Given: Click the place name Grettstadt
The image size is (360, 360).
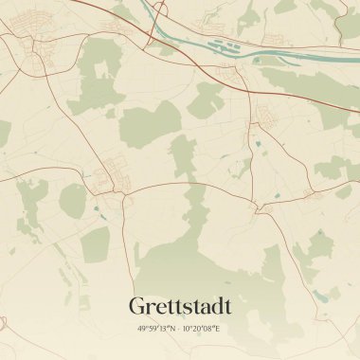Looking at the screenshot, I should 179,307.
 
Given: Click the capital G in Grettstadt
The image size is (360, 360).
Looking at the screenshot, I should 137,307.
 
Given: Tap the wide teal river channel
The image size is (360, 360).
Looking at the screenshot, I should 208,49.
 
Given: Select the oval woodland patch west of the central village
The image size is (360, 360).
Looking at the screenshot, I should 73,200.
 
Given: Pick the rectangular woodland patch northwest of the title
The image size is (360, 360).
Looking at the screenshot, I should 95,246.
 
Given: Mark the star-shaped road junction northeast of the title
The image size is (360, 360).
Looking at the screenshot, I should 254,205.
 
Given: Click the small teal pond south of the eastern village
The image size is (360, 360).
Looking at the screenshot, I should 257,144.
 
